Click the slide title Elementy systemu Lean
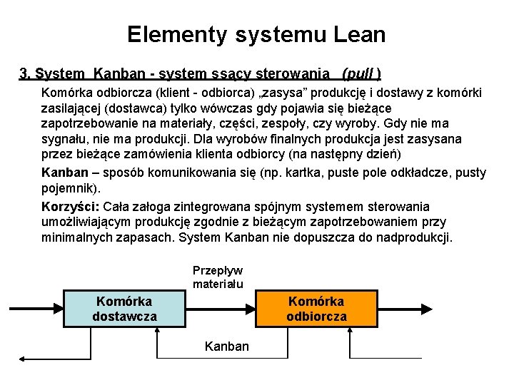[256, 34]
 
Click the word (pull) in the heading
[361, 73]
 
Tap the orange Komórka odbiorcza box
[317, 309]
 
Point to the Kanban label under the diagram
[227, 346]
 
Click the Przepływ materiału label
[218, 277]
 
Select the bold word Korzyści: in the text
[71, 207]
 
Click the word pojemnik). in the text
[71, 189]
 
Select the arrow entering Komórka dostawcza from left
[36, 309]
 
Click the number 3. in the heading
[25, 73]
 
